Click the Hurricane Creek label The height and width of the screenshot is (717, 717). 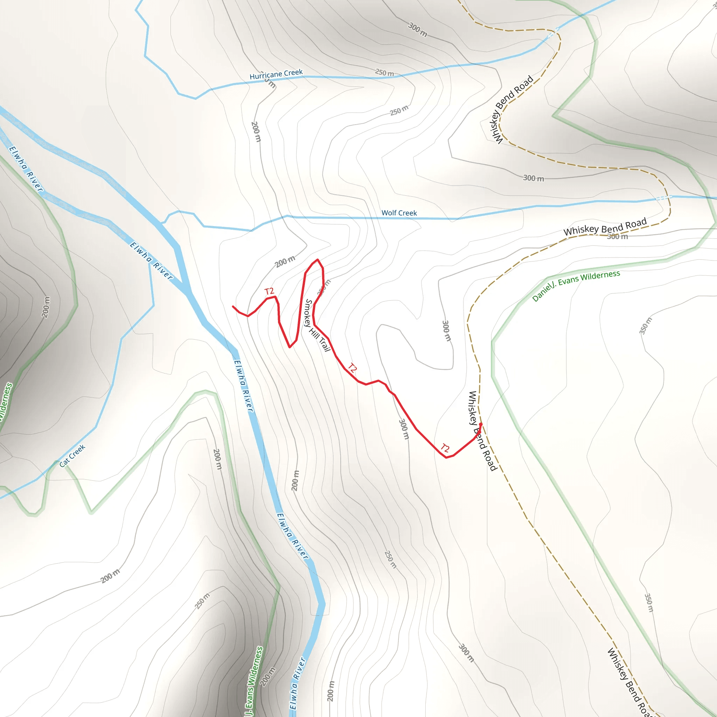pos(276,74)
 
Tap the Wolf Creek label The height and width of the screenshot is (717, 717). pos(399,213)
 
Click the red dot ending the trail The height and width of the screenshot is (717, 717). pos(481,424)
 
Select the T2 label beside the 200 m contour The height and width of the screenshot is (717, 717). pos(269,291)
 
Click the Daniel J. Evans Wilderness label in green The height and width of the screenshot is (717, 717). pos(576,285)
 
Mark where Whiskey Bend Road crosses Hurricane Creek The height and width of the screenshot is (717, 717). pos(553,33)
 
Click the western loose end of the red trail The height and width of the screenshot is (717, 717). pos(233,307)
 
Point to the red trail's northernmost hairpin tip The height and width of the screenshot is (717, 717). pos(318,260)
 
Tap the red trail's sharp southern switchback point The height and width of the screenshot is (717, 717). pos(290,347)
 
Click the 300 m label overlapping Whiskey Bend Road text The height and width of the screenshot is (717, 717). pos(618,236)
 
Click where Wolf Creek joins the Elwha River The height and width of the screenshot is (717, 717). pos(162,223)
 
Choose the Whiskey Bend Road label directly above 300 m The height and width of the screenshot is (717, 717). pos(605,227)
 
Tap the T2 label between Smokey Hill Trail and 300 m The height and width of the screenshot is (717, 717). pos(352,368)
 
